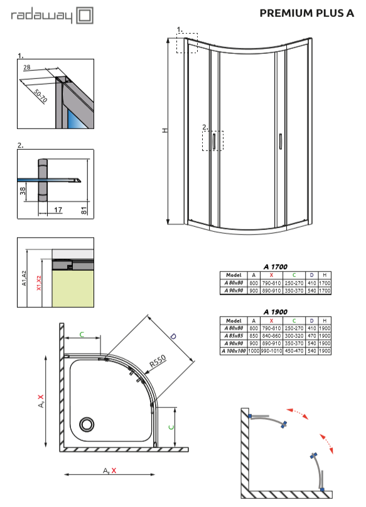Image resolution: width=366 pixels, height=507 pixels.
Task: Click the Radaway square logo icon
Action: point(85,16)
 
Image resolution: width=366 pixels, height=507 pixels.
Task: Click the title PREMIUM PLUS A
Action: point(307,13)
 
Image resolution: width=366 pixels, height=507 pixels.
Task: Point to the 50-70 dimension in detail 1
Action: point(40,96)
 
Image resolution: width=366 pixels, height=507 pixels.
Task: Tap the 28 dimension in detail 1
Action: point(27,67)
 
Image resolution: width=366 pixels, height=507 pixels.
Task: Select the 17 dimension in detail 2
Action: point(58,210)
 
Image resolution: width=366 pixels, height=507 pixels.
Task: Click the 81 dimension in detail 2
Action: point(84,211)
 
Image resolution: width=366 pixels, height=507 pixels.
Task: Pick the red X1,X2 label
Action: point(39,283)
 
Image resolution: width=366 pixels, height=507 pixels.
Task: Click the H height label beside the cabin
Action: point(165,130)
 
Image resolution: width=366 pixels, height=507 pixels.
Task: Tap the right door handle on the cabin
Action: point(281,141)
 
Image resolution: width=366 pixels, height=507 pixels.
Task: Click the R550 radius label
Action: point(158,361)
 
